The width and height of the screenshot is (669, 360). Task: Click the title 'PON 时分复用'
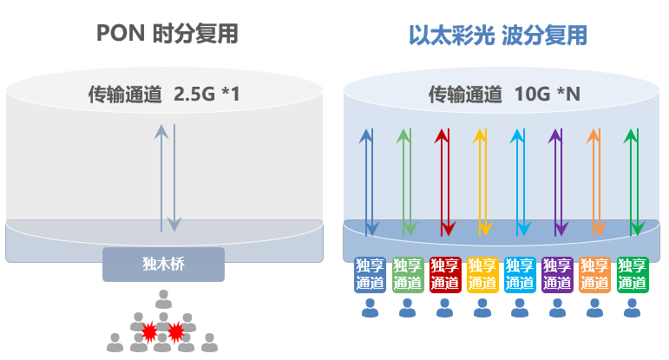pyautogui.click(x=167, y=33)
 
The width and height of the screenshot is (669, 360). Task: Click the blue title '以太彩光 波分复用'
pyautogui.click(x=498, y=35)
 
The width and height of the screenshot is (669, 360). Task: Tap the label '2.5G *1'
pyautogui.click(x=207, y=95)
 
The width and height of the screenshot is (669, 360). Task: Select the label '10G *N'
pyautogui.click(x=548, y=95)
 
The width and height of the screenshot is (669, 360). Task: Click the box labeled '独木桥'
pyautogui.click(x=163, y=264)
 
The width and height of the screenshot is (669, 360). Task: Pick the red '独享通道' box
pyautogui.click(x=445, y=274)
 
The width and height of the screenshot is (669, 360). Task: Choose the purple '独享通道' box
pyautogui.click(x=557, y=274)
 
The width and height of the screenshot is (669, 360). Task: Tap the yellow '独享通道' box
pyautogui.click(x=482, y=274)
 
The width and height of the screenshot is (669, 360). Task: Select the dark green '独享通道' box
pyautogui.click(x=633, y=274)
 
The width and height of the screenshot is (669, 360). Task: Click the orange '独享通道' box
pyautogui.click(x=594, y=274)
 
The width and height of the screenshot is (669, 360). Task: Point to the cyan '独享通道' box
pyautogui.click(x=520, y=274)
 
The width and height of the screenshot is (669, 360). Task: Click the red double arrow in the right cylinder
pyautogui.click(x=445, y=182)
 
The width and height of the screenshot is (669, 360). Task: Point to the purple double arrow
pyautogui.click(x=558, y=182)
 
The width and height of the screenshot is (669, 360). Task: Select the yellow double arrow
pyautogui.click(x=483, y=182)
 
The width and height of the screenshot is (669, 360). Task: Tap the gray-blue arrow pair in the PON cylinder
pyautogui.click(x=167, y=178)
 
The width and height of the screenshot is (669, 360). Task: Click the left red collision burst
pyautogui.click(x=149, y=332)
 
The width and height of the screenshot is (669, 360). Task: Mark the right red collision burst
pyautogui.click(x=176, y=331)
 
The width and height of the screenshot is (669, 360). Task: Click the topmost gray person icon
pyautogui.click(x=163, y=299)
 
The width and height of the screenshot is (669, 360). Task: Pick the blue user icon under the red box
pyautogui.click(x=445, y=308)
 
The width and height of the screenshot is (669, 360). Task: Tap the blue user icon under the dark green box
pyautogui.click(x=632, y=308)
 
